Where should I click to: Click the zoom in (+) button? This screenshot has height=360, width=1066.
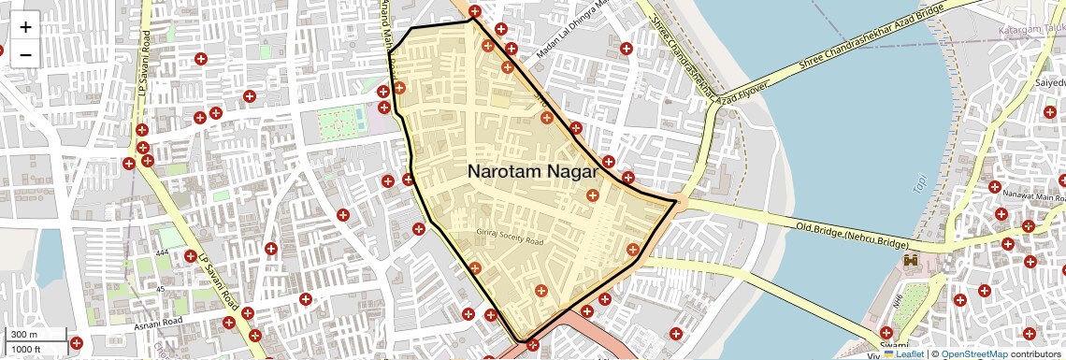click(25, 27)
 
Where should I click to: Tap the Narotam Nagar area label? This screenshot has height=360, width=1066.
click(532, 172)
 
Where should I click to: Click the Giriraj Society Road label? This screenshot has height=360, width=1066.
click(511, 240)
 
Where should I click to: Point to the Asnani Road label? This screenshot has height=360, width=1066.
click(159, 322)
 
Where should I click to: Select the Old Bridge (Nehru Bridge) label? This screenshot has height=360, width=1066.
click(852, 235)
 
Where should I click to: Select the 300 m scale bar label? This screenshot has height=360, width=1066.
click(24, 335)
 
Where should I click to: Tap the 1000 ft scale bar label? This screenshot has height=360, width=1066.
click(26, 349)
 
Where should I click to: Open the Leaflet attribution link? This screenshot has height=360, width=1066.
click(903, 353)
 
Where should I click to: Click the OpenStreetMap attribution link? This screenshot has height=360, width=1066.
click(974, 353)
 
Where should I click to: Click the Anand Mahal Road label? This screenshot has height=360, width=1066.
click(384, 28)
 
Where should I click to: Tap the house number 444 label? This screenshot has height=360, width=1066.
click(162, 253)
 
